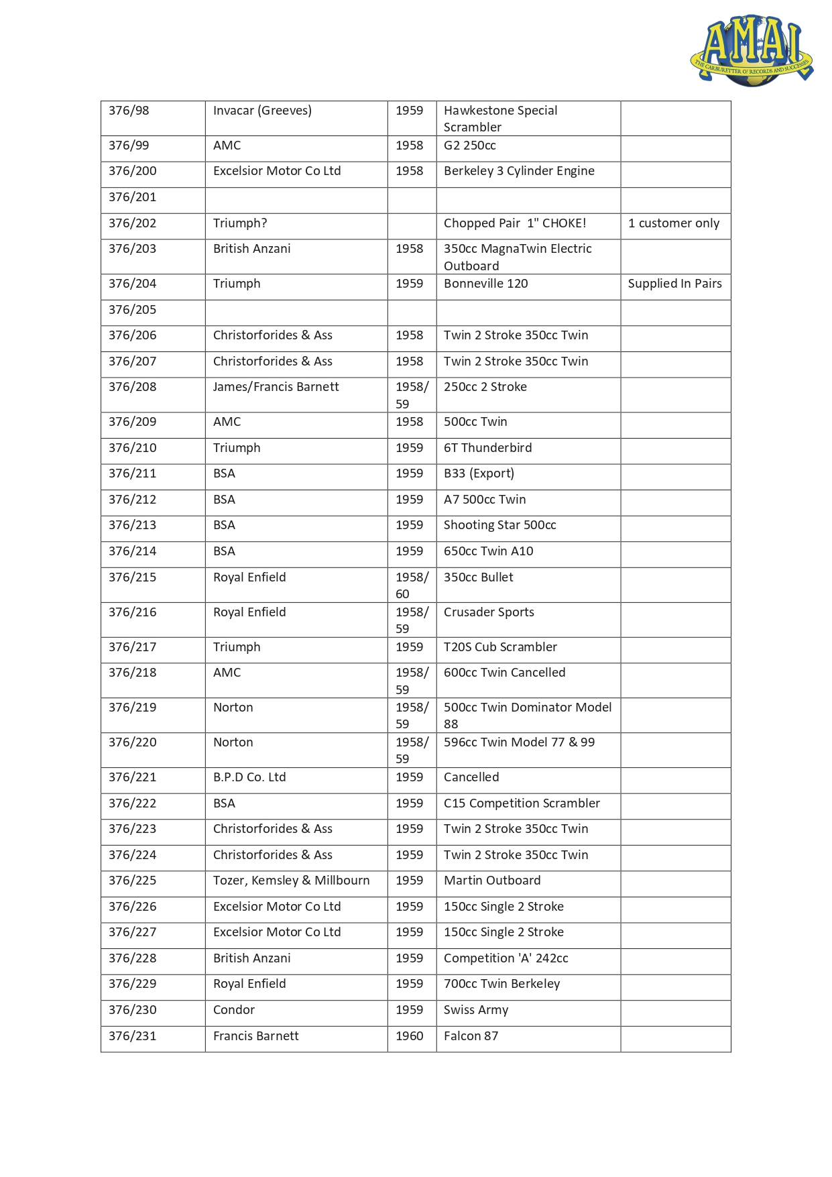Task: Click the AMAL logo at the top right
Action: pyautogui.click(x=752, y=50)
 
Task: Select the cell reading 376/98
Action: pyautogui.click(x=129, y=111)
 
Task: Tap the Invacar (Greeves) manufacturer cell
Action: pyautogui.click(x=262, y=111)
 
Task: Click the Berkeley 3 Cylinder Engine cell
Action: pyautogui.click(x=519, y=171)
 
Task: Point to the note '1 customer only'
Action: pyautogui.click(x=674, y=223)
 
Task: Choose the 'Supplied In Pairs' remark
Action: pyautogui.click(x=674, y=284)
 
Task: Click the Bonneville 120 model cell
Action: pyautogui.click(x=486, y=284)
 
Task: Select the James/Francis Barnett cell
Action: pyautogui.click(x=276, y=387)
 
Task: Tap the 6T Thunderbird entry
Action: pyautogui.click(x=488, y=448)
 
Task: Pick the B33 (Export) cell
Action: pyautogui.click(x=479, y=473)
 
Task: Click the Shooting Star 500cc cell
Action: pyautogui.click(x=500, y=525)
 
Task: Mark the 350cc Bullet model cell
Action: pyautogui.click(x=479, y=577)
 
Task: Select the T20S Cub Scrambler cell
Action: pyautogui.click(x=500, y=647)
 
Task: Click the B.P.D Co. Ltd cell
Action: pyautogui.click(x=249, y=777)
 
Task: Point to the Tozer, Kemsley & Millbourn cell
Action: pyautogui.click(x=291, y=881)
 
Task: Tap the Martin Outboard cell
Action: pyautogui.click(x=492, y=881)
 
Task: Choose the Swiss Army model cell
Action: pyautogui.click(x=476, y=1010)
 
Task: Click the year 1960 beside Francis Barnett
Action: pyautogui.click(x=410, y=1036)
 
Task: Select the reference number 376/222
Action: pyautogui.click(x=133, y=803)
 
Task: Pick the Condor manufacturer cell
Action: pyautogui.click(x=234, y=1010)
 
